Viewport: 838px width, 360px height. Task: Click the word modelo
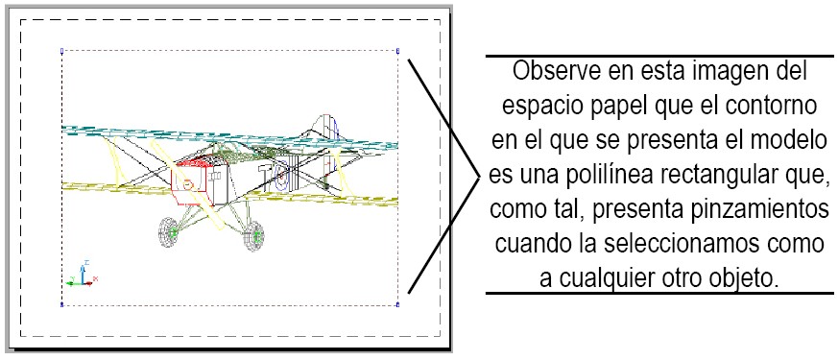tap(789, 139)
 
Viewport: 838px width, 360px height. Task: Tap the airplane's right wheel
tap(254, 236)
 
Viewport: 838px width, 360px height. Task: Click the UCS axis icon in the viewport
tap(81, 276)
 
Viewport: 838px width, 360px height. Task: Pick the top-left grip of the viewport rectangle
tap(62, 51)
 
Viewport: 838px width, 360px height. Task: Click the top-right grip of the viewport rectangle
tap(397, 51)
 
